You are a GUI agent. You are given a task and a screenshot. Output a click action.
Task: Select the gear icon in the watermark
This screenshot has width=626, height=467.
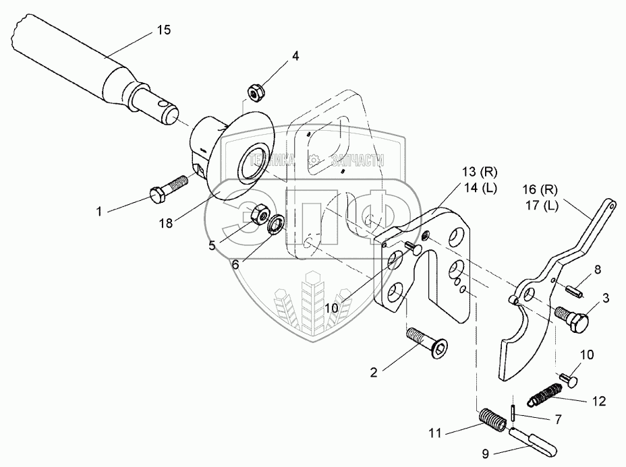312,160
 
